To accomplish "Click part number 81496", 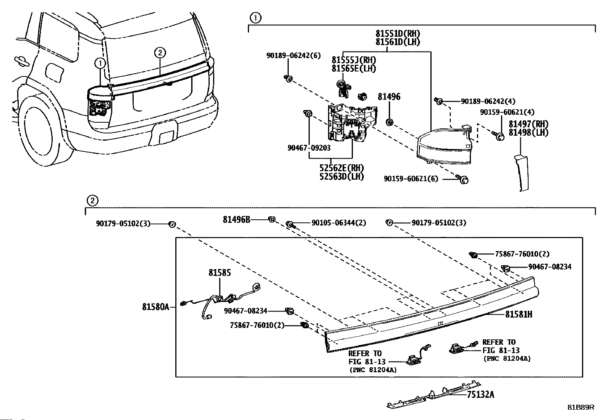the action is click(389, 97).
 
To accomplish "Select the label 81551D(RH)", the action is click(398, 34).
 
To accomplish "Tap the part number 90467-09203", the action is click(309, 148).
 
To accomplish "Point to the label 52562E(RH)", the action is click(341, 168).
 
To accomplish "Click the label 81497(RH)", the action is click(529, 124).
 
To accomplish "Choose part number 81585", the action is click(220, 272).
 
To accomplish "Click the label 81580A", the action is click(155, 307).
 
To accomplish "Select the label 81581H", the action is click(518, 314).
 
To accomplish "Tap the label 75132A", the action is click(480, 394).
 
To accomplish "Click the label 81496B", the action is click(236, 219).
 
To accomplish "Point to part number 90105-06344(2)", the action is click(339, 223).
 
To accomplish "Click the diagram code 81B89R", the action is click(581, 407).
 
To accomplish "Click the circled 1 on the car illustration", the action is click(100, 63).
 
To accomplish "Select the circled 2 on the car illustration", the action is click(160, 52).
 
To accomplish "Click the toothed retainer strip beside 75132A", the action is click(434, 394).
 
